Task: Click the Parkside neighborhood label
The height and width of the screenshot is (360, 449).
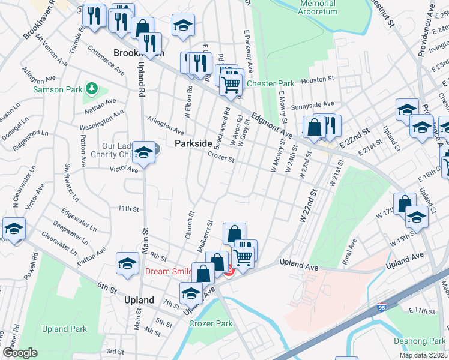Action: pyautogui.click(x=193, y=144)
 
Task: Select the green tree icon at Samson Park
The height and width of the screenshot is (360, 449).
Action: pyautogui.click(x=91, y=89)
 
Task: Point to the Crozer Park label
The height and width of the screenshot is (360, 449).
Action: pyautogui.click(x=211, y=323)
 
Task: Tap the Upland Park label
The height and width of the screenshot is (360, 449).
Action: pyautogui.click(x=64, y=329)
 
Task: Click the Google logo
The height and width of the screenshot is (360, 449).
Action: pyautogui.click(x=19, y=353)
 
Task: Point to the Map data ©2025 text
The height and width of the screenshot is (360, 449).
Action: pyautogui.click(x=424, y=355)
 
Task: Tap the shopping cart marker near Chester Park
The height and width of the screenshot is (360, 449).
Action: pyautogui.click(x=230, y=85)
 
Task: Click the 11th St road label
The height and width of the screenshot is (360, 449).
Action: pyautogui.click(x=128, y=209)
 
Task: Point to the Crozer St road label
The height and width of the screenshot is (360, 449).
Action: pyautogui.click(x=220, y=157)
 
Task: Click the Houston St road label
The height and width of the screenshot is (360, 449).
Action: pyautogui.click(x=322, y=79)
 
